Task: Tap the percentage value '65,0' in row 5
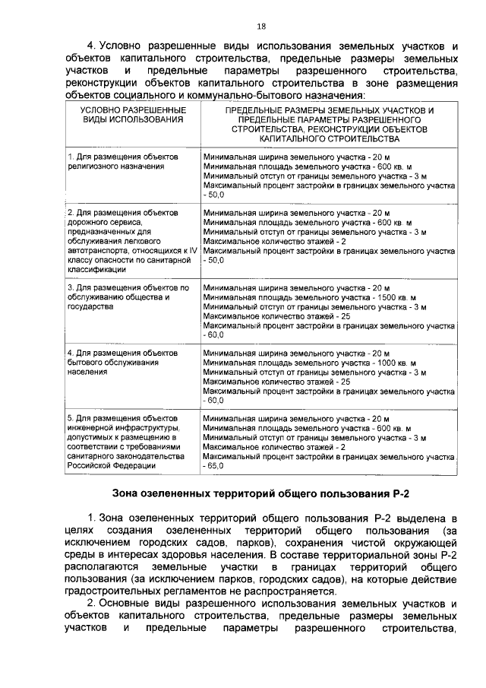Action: click(216, 465)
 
